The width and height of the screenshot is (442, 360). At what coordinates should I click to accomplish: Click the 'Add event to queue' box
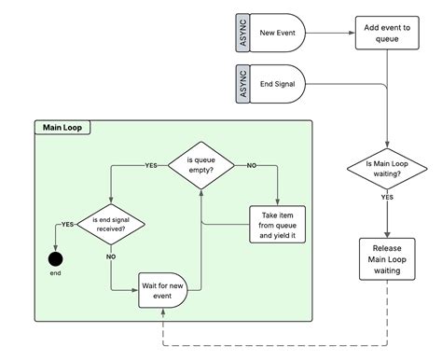point(386,33)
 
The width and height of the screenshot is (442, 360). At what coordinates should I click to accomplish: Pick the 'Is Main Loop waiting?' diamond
point(386,168)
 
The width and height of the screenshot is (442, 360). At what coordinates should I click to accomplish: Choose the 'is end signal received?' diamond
point(111,224)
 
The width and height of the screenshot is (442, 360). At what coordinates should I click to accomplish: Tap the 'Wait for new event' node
point(163,290)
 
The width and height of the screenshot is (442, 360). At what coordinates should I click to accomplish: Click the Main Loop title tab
point(62,128)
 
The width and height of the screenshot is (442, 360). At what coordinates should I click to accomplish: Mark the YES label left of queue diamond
point(151,165)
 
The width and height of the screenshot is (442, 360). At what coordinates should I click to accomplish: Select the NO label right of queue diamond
point(251,165)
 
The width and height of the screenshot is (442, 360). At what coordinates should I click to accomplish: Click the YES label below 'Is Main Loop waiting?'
point(386,198)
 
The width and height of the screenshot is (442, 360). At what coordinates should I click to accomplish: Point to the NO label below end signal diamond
point(111,255)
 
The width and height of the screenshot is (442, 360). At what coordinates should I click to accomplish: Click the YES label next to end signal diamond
point(67,225)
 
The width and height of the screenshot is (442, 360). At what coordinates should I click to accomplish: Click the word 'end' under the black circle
point(55,274)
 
